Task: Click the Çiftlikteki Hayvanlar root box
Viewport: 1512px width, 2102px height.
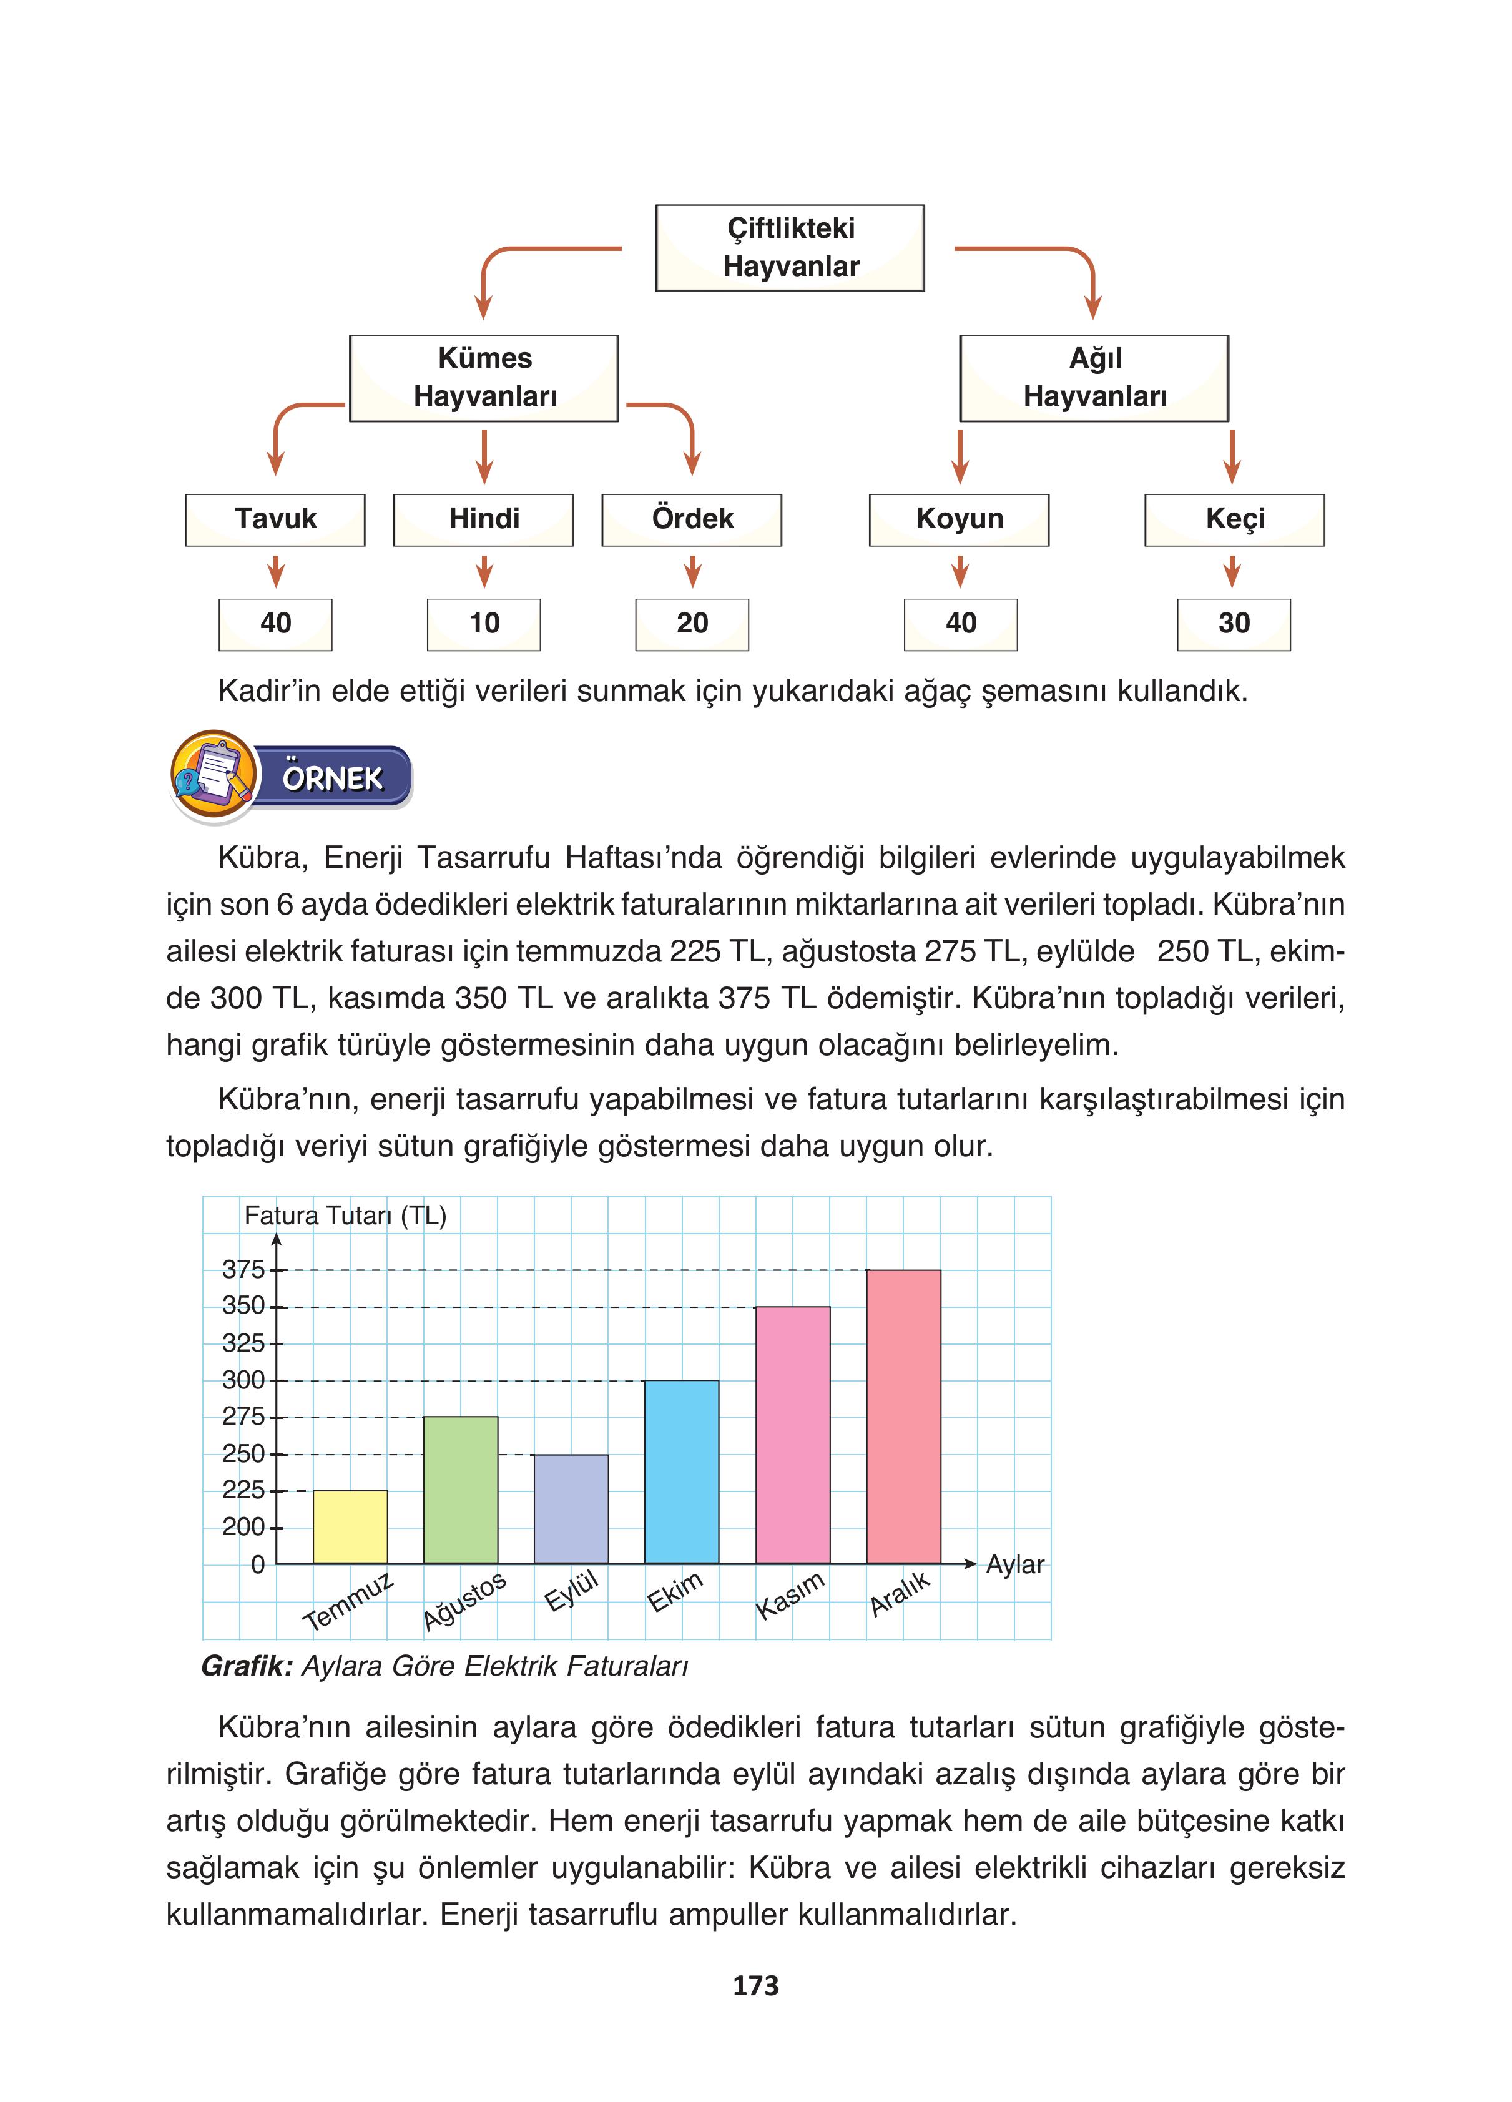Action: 790,247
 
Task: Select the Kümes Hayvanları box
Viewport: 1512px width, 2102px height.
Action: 484,378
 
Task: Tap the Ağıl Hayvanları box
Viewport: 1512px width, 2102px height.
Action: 1094,378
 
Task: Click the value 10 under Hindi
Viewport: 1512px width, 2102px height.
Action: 483,624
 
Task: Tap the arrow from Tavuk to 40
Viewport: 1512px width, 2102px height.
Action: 275,572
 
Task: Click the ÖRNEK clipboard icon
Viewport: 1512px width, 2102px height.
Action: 214,775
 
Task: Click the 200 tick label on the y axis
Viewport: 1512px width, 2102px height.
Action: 243,1526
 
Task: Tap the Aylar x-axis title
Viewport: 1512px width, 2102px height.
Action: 1014,1564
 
